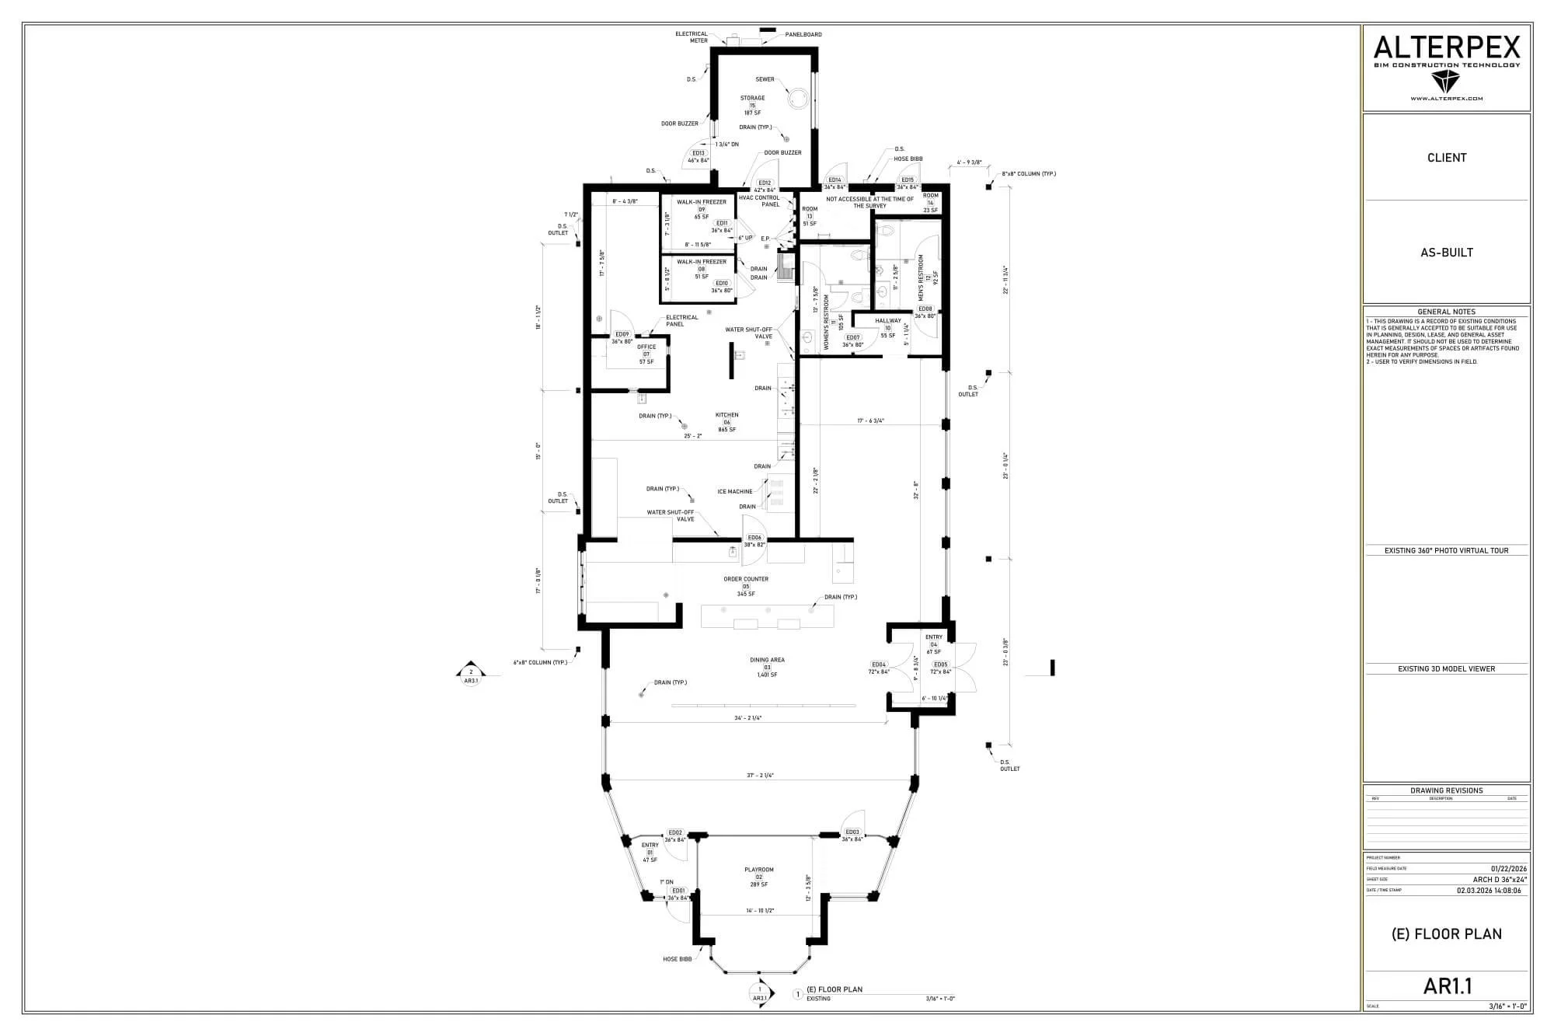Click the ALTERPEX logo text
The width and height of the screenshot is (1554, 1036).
click(1447, 48)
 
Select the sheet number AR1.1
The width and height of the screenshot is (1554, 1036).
click(1448, 986)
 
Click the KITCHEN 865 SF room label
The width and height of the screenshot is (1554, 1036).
click(727, 422)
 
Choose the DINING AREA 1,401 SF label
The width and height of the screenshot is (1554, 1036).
click(767, 667)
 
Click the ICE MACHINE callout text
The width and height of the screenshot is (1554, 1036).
click(734, 491)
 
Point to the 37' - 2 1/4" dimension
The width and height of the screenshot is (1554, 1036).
click(760, 775)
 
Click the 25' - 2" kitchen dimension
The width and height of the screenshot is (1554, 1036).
click(693, 436)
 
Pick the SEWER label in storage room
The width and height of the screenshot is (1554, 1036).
click(765, 79)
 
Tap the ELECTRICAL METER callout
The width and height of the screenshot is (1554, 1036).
click(692, 37)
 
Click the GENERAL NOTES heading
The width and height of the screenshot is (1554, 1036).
click(1447, 312)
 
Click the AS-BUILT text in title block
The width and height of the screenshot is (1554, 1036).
click(1447, 253)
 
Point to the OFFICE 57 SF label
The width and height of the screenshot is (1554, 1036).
click(646, 354)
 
